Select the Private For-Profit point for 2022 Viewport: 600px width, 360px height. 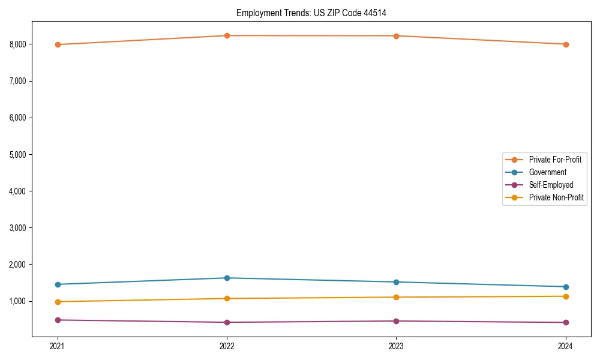(227, 36)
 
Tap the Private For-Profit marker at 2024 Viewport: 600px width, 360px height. (566, 44)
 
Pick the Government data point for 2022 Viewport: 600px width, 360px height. (227, 278)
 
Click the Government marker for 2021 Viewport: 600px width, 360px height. (58, 284)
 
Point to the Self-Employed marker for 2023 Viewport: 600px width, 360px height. (396, 321)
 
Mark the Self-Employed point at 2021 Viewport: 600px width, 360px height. (58, 320)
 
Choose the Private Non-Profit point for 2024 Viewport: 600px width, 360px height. (566, 296)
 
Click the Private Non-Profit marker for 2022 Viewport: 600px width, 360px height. (227, 298)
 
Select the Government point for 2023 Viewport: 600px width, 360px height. (396, 282)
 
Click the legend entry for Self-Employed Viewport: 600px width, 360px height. (551, 185)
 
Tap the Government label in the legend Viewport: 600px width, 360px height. (547, 172)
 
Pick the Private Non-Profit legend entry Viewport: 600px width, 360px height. (556, 197)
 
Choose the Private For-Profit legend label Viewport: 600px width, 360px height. (555, 160)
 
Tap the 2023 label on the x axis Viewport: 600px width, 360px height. (396, 346)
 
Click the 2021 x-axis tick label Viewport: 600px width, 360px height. (58, 346)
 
